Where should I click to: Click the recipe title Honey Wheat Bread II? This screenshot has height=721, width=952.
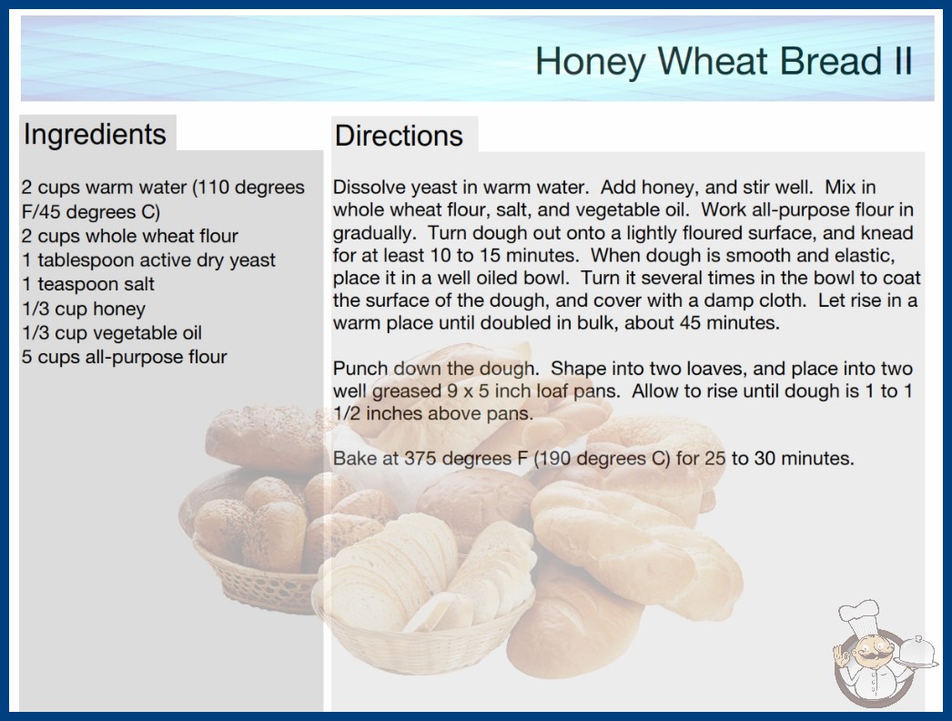[724, 61]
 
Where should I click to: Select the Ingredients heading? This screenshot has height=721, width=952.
[95, 135]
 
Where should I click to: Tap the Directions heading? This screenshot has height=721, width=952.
[399, 136]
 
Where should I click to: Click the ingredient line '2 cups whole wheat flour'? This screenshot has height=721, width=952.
[130, 236]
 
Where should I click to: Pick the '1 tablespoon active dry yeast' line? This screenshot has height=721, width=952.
[148, 260]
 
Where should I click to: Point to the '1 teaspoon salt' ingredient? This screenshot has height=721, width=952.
[88, 284]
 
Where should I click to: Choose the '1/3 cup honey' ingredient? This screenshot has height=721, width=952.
[84, 309]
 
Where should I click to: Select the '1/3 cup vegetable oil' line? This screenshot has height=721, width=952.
[112, 333]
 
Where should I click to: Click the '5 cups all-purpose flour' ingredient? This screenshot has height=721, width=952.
[125, 357]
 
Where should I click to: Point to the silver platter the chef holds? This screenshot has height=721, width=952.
[917, 653]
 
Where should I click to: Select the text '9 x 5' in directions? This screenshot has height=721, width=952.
[468, 391]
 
